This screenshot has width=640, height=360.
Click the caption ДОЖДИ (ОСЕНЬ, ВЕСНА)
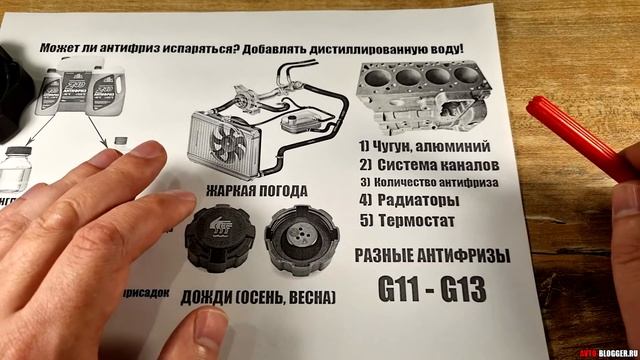coord(258,298)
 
